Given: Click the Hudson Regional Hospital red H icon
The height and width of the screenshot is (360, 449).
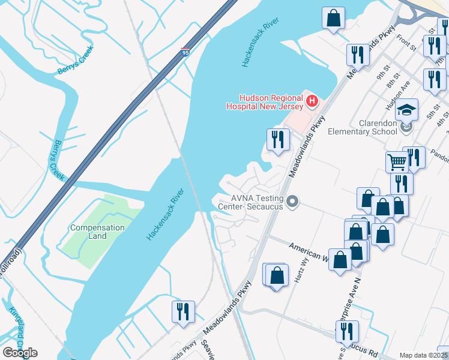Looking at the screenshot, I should point(312,101).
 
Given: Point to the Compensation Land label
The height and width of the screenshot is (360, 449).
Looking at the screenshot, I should point(97,232).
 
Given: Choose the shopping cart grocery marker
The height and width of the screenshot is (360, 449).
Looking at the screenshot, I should point(397,161).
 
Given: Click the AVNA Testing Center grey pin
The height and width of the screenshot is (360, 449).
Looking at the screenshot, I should point(292,202).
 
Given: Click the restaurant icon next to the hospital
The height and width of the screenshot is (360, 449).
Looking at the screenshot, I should point(278,140).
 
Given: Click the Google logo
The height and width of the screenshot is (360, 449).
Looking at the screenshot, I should point(20,353).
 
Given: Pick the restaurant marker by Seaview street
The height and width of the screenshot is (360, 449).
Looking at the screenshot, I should point(182,311).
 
